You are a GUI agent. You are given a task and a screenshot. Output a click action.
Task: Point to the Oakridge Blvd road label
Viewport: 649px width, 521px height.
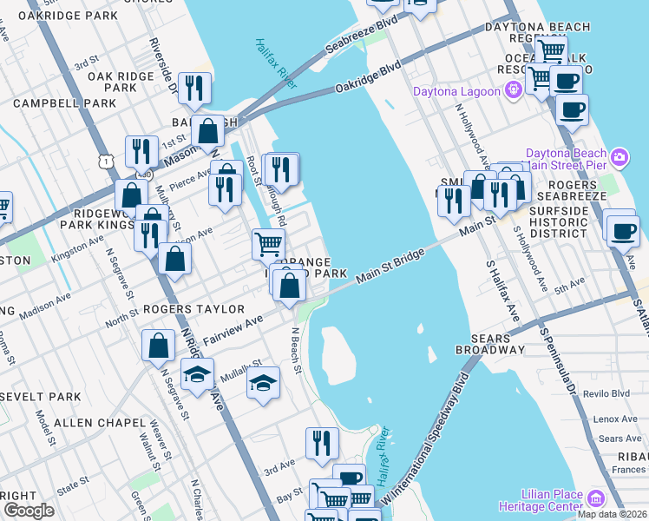click(368, 77)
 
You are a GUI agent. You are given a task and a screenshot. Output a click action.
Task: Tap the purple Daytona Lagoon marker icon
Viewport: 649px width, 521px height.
click(515, 89)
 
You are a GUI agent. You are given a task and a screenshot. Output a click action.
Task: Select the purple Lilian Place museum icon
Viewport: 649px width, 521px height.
click(595, 498)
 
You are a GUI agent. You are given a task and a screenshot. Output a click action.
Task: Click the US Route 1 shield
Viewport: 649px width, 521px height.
click(106, 161)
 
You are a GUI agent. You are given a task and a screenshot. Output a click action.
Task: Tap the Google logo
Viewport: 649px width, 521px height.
click(29, 511)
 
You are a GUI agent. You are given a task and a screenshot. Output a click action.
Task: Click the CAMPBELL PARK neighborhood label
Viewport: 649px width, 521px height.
click(64, 103)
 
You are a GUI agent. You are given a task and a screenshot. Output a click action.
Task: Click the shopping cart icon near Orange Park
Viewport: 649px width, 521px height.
click(269, 243)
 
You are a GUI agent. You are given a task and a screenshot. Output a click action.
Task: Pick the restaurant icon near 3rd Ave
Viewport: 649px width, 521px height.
click(324, 443)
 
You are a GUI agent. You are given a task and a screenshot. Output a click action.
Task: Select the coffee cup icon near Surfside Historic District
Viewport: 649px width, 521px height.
click(622, 230)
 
